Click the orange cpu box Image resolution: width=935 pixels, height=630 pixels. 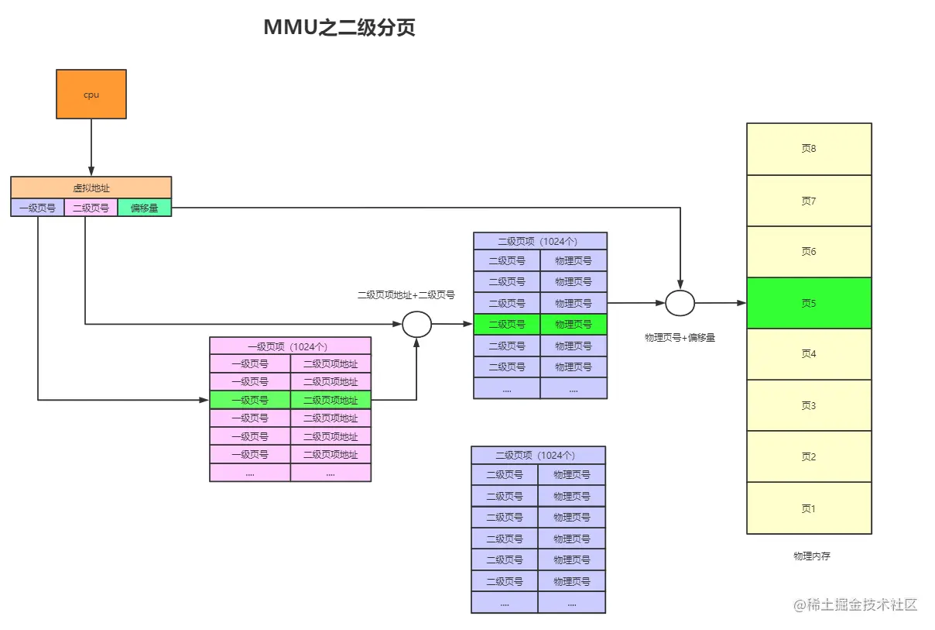[x=91, y=94]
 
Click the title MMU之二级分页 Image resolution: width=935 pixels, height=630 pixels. [x=339, y=28]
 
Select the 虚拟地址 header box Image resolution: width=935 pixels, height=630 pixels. [x=91, y=188]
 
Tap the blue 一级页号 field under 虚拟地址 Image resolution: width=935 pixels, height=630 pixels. [x=37, y=208]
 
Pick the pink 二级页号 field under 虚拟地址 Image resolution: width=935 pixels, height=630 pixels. [x=91, y=208]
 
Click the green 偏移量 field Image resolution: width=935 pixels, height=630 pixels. [x=144, y=208]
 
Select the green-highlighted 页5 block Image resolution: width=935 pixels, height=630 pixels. [x=809, y=303]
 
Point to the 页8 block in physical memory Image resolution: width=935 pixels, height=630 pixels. [x=809, y=149]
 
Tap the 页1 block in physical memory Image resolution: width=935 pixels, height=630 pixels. [x=809, y=508]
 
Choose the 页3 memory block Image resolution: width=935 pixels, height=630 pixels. [x=809, y=405]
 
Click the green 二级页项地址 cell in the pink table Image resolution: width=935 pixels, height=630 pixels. [x=331, y=400]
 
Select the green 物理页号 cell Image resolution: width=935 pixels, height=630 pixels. [x=574, y=324]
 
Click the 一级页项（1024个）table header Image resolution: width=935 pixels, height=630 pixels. [x=290, y=346]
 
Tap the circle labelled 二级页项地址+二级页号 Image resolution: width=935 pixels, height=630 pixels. [x=416, y=324]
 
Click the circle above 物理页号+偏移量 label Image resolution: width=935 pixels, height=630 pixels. [x=680, y=303]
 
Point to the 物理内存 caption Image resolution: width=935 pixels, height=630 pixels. [x=811, y=556]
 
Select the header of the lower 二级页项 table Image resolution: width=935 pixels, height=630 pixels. [x=538, y=455]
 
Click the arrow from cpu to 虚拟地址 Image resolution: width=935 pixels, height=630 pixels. [x=91, y=147]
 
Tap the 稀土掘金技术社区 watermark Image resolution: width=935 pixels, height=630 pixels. [x=855, y=604]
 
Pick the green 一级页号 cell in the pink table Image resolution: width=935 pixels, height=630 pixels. [x=250, y=400]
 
